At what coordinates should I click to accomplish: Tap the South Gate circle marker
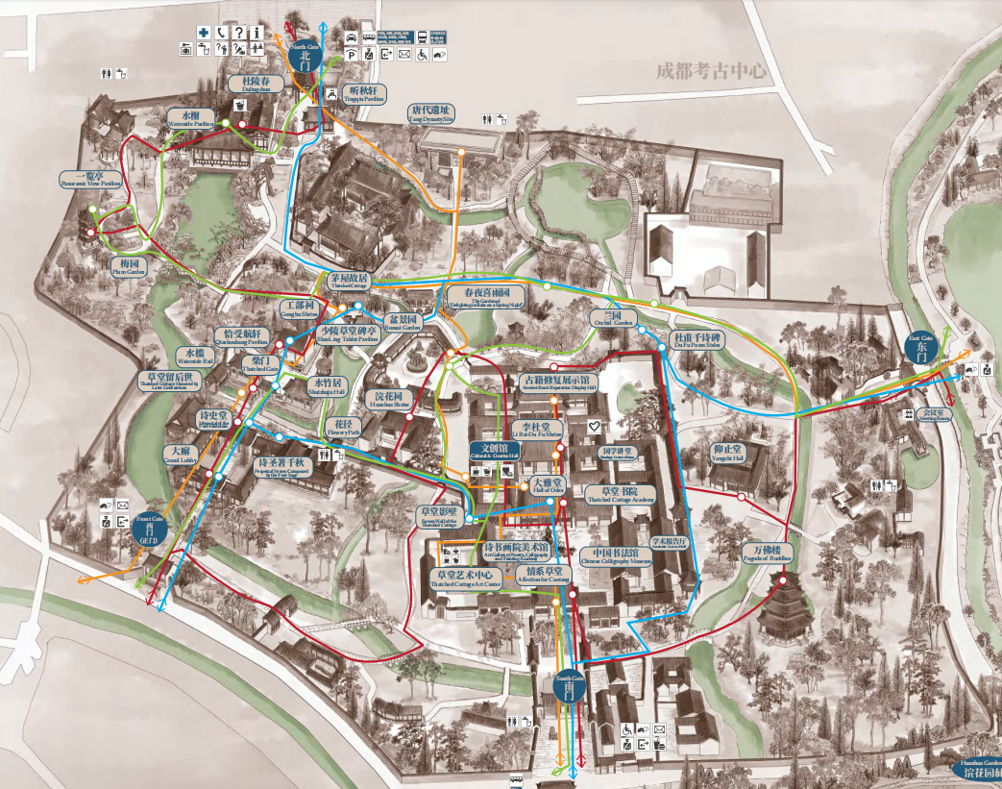[x=569, y=684]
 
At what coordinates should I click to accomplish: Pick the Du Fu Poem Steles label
[x=697, y=341]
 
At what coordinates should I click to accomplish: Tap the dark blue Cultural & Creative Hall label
[x=493, y=451]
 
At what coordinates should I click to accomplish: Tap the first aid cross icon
[x=204, y=32]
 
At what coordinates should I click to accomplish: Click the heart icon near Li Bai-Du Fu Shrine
[x=595, y=424]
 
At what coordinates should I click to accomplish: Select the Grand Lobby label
[x=179, y=453]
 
